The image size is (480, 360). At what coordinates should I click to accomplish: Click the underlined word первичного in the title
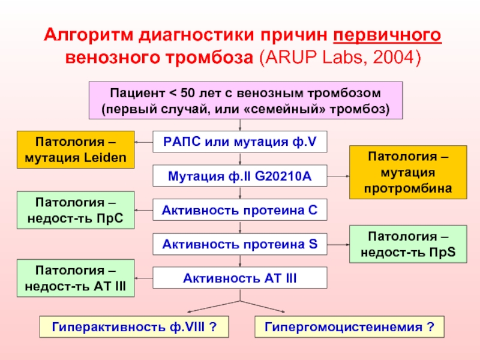tap(387, 35)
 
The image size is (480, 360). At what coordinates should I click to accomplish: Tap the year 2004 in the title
tap(394, 58)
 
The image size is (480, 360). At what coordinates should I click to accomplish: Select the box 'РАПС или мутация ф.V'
tap(240, 142)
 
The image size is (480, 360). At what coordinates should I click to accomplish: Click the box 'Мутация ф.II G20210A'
tap(240, 176)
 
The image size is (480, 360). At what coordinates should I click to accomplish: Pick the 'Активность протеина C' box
tap(240, 210)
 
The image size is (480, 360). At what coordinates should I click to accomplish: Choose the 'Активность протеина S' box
tap(240, 244)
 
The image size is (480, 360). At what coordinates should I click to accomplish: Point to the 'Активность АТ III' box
tap(240, 278)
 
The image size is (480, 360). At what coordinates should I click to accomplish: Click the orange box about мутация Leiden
tap(76, 150)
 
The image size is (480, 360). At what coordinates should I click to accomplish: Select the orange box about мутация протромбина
tap(409, 172)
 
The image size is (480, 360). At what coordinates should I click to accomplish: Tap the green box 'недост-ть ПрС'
tap(76, 210)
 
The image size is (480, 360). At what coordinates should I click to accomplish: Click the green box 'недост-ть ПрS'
tap(409, 244)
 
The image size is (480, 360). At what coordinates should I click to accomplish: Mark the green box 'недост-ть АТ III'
tap(76, 278)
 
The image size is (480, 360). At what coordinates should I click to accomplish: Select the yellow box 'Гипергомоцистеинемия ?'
tap(350, 327)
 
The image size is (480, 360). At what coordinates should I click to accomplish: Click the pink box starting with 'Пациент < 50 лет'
tap(245, 101)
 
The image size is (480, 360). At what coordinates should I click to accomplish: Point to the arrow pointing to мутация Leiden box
tap(144, 142)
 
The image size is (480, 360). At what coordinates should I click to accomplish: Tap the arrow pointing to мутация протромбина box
tap(338, 176)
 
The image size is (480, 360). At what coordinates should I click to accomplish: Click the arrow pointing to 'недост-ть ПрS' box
tap(338, 244)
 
